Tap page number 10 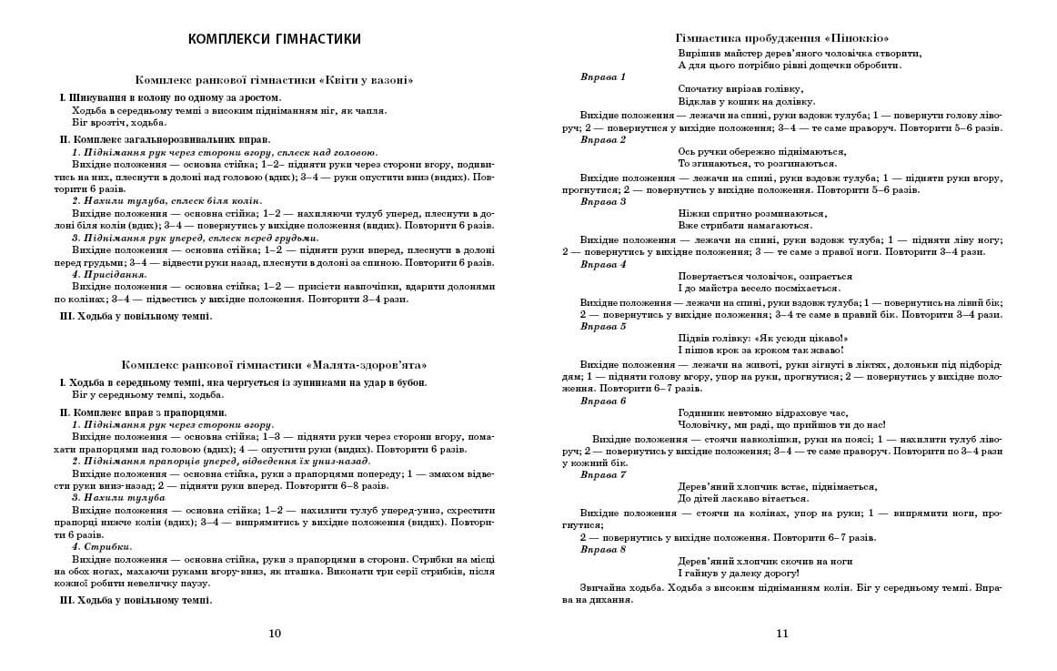tap(276, 634)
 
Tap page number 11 tap(782, 634)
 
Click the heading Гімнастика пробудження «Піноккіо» tap(782, 38)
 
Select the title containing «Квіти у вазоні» tap(274, 81)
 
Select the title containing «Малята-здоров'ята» tap(274, 365)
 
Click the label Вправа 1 tap(603, 76)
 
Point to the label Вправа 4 tap(603, 264)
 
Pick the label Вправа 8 tap(603, 549)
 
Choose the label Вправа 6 tap(603, 401)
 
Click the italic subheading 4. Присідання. tap(109, 274)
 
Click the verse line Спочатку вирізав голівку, tap(740, 89)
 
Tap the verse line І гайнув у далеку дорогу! tap(739, 574)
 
